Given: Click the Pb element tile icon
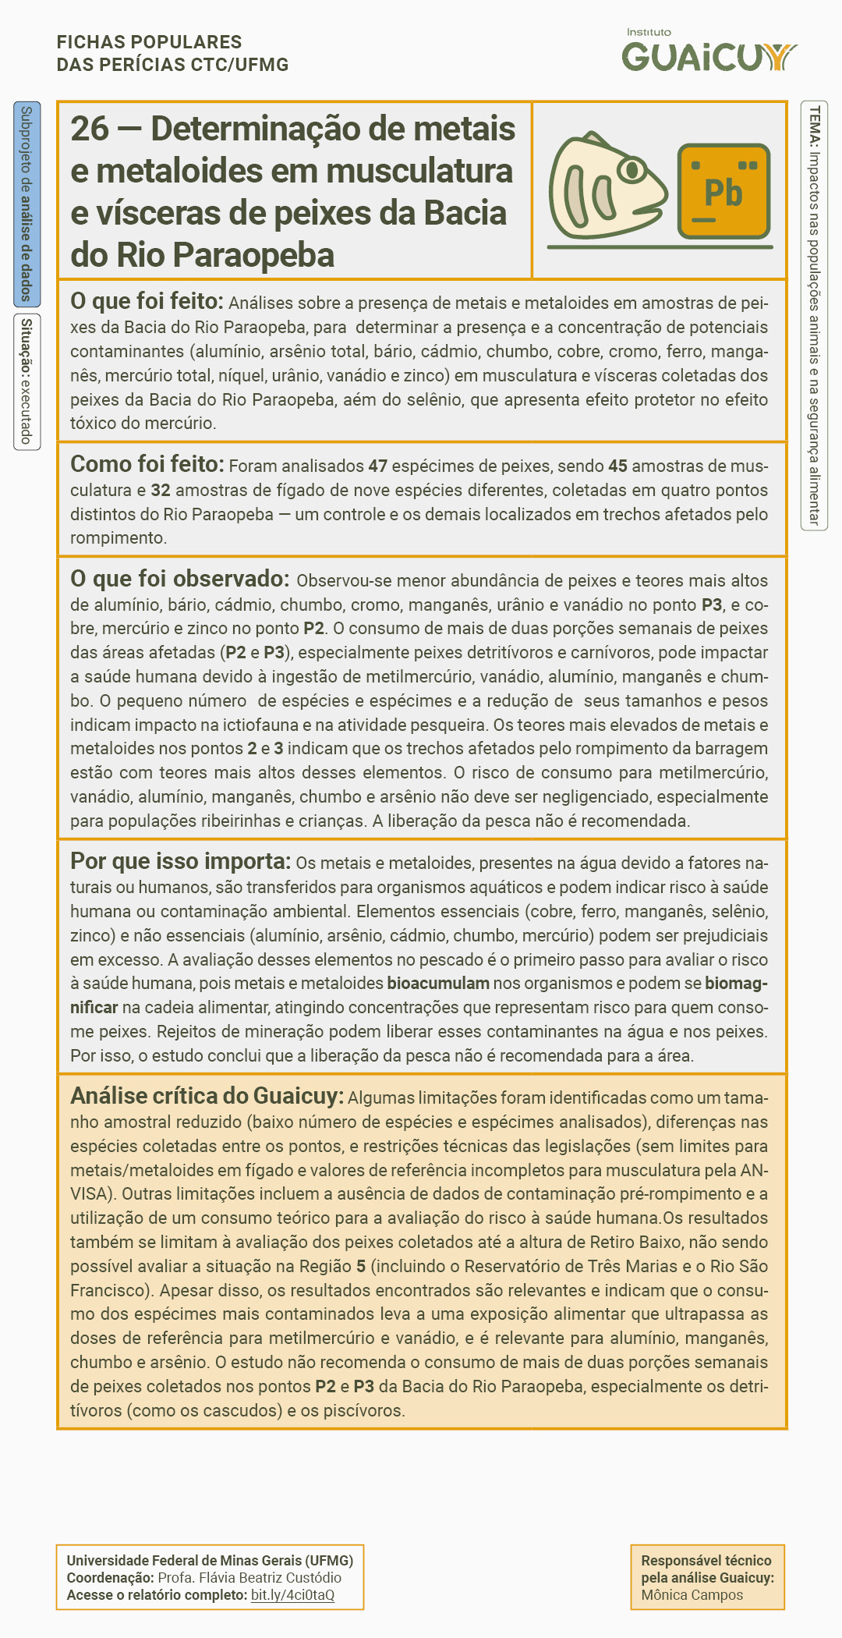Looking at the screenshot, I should coord(723,191).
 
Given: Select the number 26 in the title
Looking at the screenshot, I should coord(90,129).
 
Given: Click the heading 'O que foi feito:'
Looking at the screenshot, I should coord(147,301).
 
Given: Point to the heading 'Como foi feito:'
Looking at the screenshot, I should coord(147,464).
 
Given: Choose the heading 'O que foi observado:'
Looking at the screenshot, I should coord(179,579).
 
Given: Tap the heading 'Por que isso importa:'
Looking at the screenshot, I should coord(180,861).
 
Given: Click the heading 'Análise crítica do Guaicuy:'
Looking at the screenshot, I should coord(207,1096).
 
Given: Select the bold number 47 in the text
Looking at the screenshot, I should coord(378,466).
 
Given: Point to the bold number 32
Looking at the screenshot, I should coord(161,491).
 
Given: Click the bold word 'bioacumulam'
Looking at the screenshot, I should coord(438,984).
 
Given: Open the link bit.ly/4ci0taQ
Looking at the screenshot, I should coord(292,1595).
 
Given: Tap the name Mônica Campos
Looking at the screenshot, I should coord(692,1595).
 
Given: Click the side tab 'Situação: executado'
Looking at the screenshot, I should coord(27,381).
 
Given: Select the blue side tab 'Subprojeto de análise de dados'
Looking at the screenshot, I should coord(27,204).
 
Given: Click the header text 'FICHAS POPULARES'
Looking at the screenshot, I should coord(149,42).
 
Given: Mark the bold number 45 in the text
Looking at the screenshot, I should coord(617,466).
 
